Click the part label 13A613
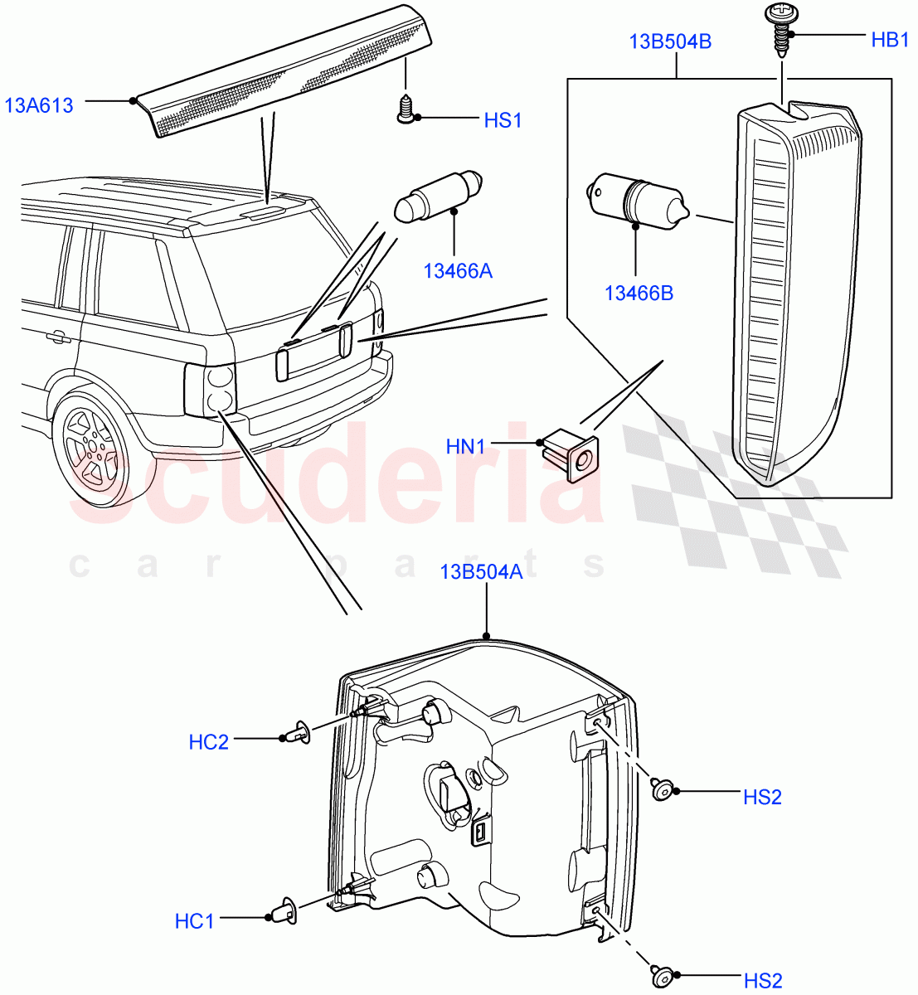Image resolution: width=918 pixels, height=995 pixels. click(39, 105)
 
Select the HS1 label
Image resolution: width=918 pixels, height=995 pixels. click(503, 120)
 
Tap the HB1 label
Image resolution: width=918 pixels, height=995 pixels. click(890, 39)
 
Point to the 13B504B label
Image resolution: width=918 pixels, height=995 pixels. click(670, 41)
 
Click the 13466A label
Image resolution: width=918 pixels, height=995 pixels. click(458, 270)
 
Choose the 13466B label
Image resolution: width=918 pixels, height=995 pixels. click(639, 293)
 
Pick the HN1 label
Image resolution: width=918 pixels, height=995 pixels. click(465, 447)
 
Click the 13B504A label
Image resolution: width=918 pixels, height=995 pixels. click(481, 571)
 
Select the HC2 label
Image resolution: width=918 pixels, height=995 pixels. click(208, 741)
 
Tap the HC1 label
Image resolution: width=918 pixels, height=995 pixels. click(194, 920)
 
